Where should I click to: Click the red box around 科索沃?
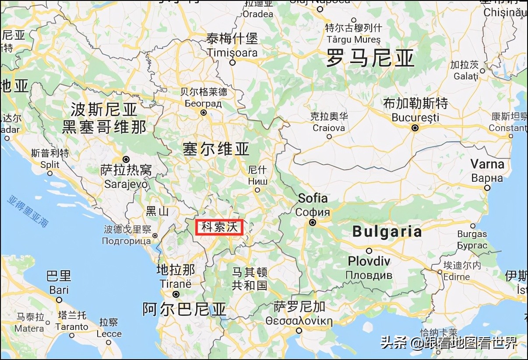[x=219, y=227]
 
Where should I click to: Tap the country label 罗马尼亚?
[x=370, y=58]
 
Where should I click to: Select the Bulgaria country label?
[x=387, y=232]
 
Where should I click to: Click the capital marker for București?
[x=415, y=128]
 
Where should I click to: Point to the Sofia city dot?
[x=313, y=222]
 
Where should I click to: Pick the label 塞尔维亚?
[x=216, y=149]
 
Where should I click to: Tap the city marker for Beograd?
[x=203, y=113]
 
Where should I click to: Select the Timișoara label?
[x=232, y=53]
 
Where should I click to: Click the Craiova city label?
[x=329, y=128]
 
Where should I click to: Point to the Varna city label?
[x=487, y=165]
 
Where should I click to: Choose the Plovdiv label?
[x=369, y=261]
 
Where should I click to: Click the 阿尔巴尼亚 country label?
[x=184, y=309]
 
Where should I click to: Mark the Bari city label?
[x=59, y=290]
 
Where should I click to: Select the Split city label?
[x=50, y=165]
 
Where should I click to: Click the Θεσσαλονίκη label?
[x=299, y=321]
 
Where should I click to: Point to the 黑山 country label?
[x=157, y=211]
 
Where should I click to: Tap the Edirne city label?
[x=457, y=277]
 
